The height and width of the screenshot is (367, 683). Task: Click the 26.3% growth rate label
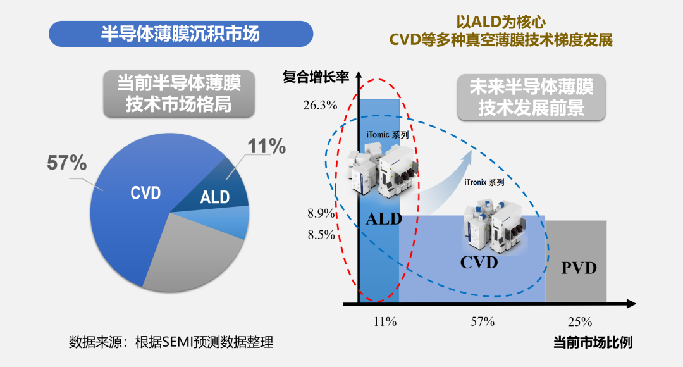320,105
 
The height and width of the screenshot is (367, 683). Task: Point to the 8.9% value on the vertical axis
321,214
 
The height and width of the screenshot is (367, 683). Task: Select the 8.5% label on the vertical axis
321,235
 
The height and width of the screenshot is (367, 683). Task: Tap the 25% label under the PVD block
580,321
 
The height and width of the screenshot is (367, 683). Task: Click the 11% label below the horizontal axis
385,321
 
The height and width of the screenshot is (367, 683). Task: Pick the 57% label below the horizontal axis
483,321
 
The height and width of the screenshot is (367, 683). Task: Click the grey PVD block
576,261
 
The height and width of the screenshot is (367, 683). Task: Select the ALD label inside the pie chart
215,197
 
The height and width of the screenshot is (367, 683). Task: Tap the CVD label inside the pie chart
146,192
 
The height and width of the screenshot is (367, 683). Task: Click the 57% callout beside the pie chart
66,163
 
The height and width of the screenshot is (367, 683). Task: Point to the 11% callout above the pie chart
267,146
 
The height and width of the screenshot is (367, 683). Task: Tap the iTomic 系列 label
387,135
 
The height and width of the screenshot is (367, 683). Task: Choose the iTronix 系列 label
484,182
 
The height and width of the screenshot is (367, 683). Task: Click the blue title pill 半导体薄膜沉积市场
181,34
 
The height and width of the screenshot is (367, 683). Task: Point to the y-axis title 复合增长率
316,77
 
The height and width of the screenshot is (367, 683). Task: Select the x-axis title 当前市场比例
593,342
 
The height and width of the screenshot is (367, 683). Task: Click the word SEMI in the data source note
177,342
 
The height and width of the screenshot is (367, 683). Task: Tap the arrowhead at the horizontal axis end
631,304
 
